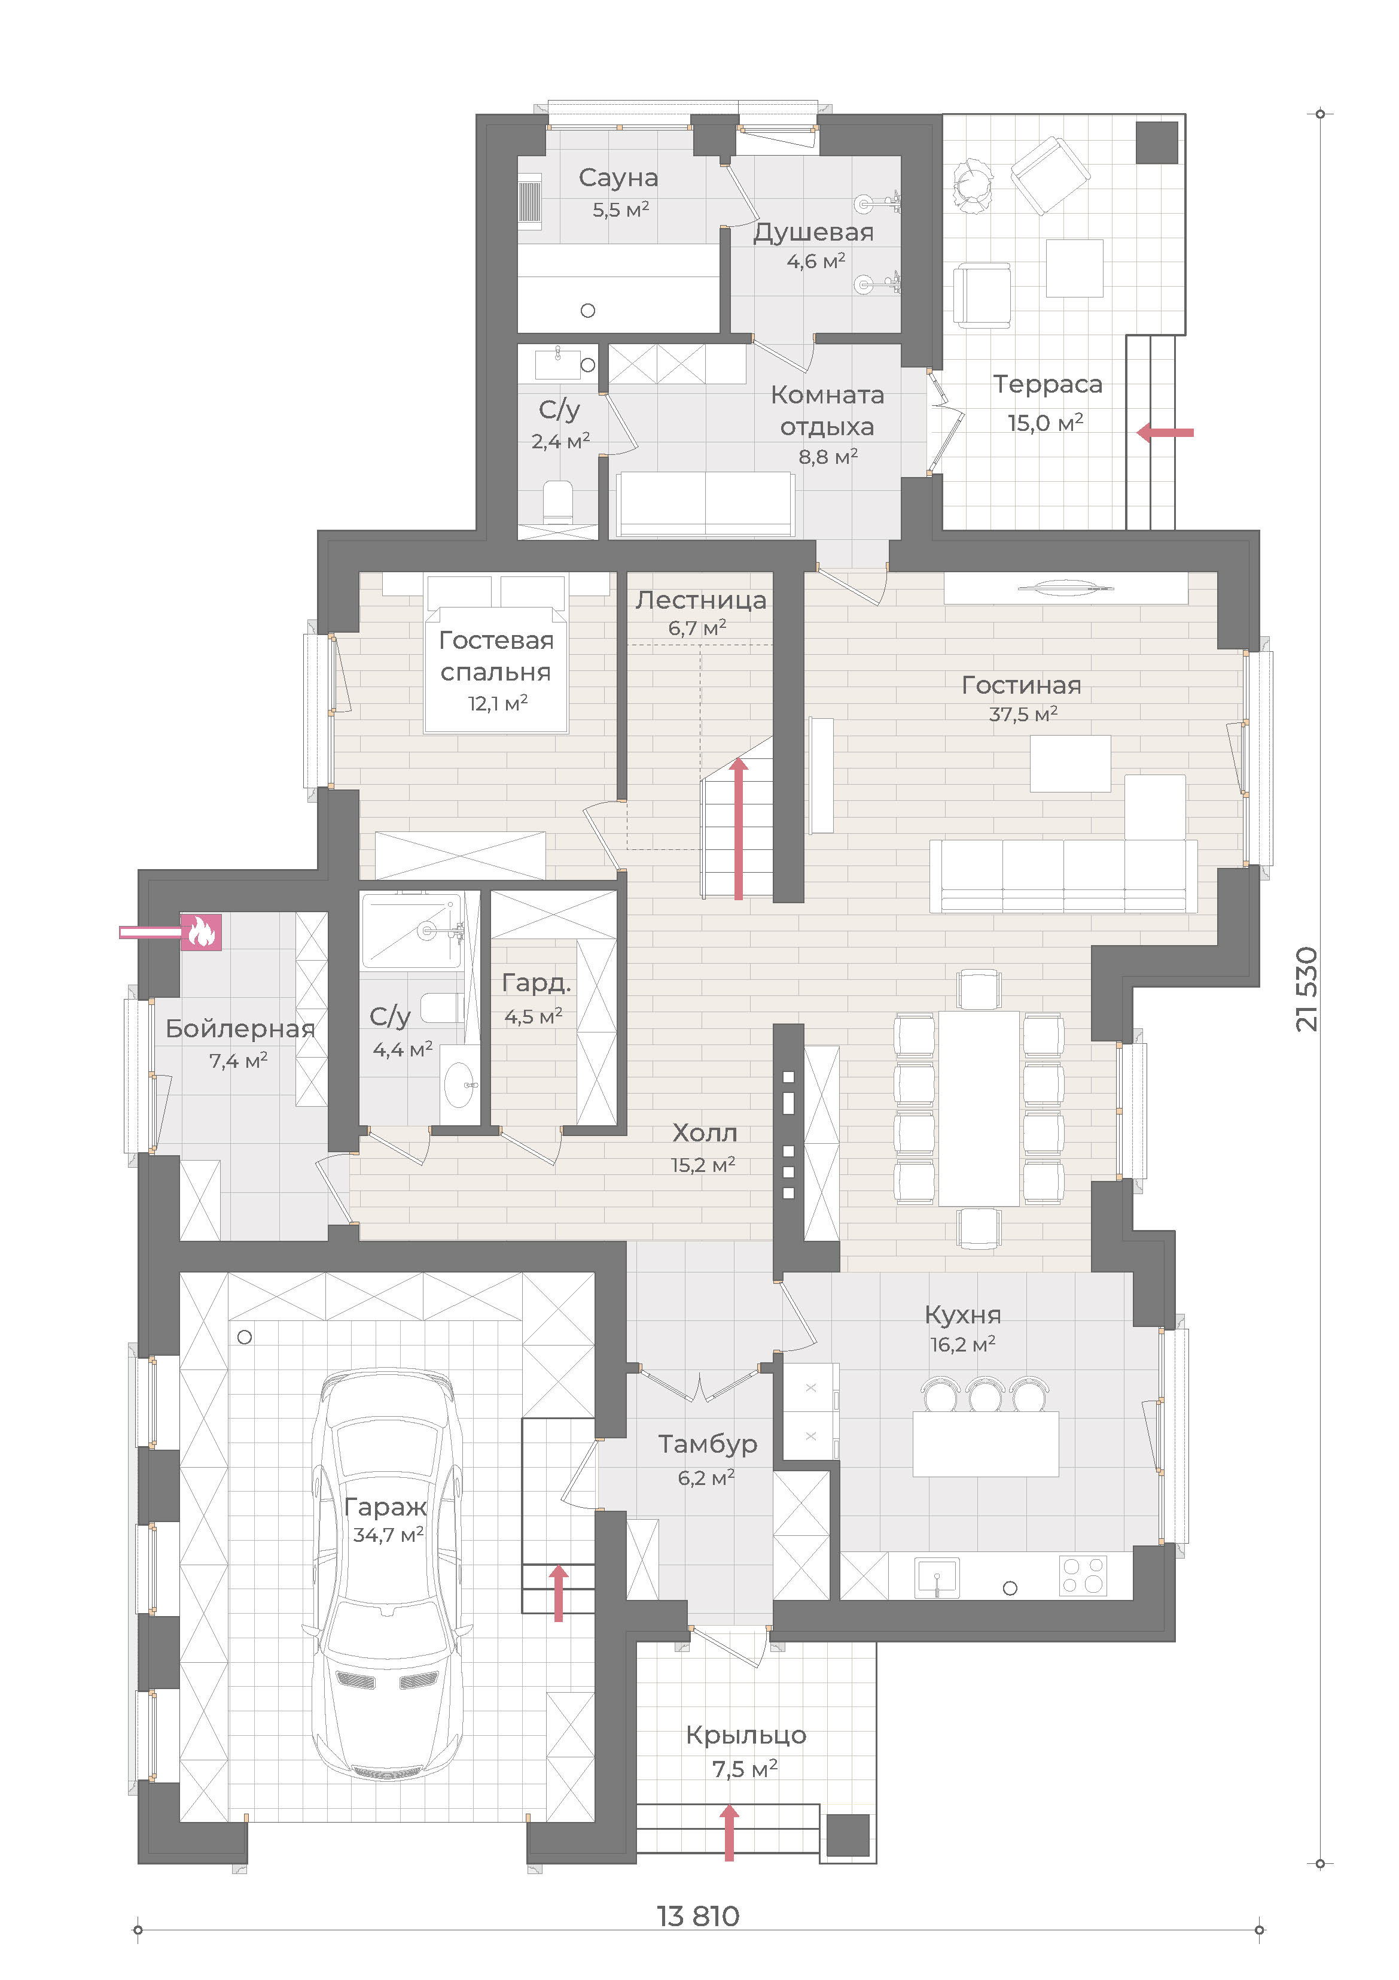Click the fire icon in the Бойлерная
(201, 931)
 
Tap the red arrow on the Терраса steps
(1165, 432)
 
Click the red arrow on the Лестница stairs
(739, 828)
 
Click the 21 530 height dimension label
(1307, 989)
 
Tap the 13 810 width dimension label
(698, 1916)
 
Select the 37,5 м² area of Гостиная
(1023, 714)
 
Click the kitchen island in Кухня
(985, 1444)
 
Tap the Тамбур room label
(708, 1444)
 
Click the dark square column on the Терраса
(1157, 142)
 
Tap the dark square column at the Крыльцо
(848, 1836)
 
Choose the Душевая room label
(813, 233)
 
